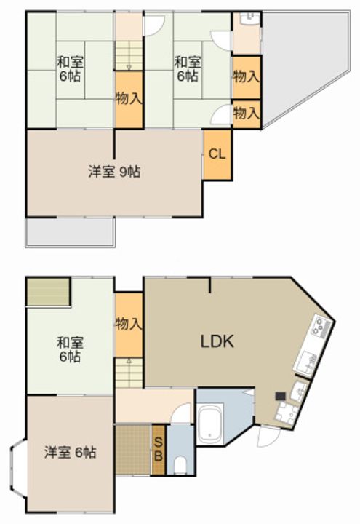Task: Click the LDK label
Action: point(217,341)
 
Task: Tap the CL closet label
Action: point(217,154)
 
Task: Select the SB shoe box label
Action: point(159,450)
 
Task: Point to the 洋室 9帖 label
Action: point(114,172)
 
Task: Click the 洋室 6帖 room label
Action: point(70,453)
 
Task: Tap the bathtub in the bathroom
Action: point(210,424)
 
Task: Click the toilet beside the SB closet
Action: point(180,465)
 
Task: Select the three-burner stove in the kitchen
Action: point(321,327)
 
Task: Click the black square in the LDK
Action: point(280,396)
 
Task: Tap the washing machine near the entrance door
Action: point(285,413)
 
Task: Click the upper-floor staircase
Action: point(129,55)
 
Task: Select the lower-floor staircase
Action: point(129,373)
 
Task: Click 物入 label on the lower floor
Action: point(129,324)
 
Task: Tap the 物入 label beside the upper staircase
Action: point(129,98)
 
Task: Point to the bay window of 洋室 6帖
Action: point(18,467)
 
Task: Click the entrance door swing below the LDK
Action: point(269,436)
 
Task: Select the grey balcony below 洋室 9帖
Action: point(71,232)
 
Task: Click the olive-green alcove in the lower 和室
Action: point(48,292)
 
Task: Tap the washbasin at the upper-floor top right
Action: point(247,19)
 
